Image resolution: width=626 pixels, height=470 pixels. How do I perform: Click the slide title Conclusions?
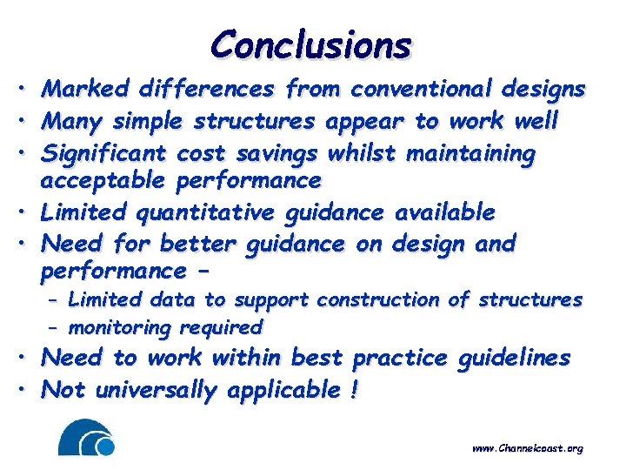click(310, 44)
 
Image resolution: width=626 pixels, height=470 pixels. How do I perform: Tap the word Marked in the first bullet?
click(85, 89)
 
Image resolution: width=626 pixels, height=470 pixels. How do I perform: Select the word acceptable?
click(104, 181)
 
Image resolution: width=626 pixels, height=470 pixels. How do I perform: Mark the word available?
click(445, 212)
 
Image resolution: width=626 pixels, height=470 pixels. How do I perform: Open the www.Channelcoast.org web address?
click(527, 448)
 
